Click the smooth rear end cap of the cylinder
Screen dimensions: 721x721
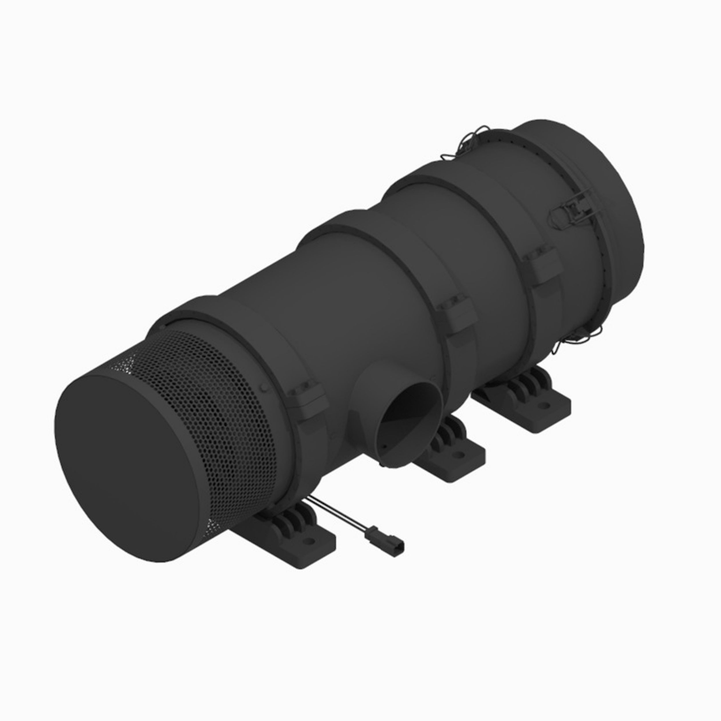pos(597,187)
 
